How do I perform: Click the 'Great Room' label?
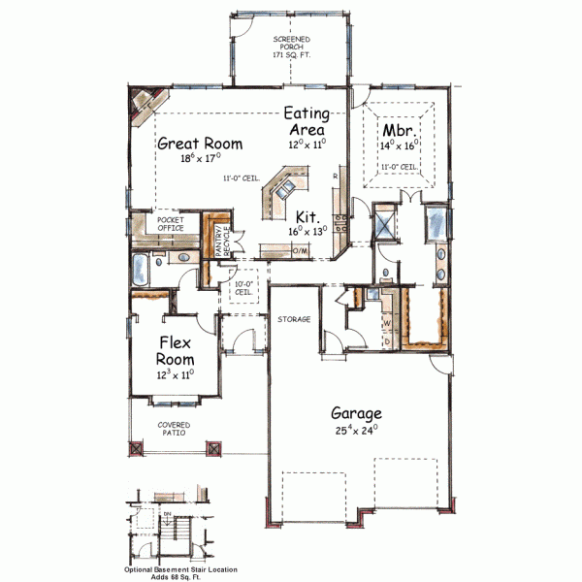pos(200,143)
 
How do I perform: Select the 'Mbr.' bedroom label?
pos(400,128)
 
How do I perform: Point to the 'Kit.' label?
pos(308,216)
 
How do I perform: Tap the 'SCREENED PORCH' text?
pos(292,49)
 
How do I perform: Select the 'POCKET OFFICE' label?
pos(171,223)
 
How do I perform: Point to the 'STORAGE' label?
pos(293,318)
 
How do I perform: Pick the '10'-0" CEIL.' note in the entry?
pos(243,288)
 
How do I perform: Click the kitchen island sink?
pos(281,192)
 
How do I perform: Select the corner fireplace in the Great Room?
pos(146,102)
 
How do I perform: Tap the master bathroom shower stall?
pos(386,223)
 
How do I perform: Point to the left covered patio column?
pos(134,449)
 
